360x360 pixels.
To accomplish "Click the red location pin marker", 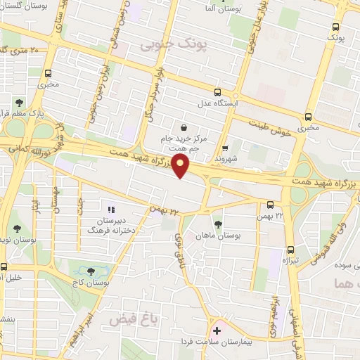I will click(x=181, y=167).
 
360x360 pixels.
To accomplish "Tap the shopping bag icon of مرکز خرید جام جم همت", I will click(x=184, y=128).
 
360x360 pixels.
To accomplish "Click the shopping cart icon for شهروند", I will click(x=225, y=148).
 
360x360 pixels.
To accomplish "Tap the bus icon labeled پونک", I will click(x=335, y=27).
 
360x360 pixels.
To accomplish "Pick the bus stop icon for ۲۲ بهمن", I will click(x=271, y=205).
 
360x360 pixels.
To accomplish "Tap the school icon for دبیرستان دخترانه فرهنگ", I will click(x=110, y=210).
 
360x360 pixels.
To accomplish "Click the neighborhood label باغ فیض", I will click(x=131, y=319).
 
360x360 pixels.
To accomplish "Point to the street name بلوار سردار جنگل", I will click(x=156, y=91).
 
